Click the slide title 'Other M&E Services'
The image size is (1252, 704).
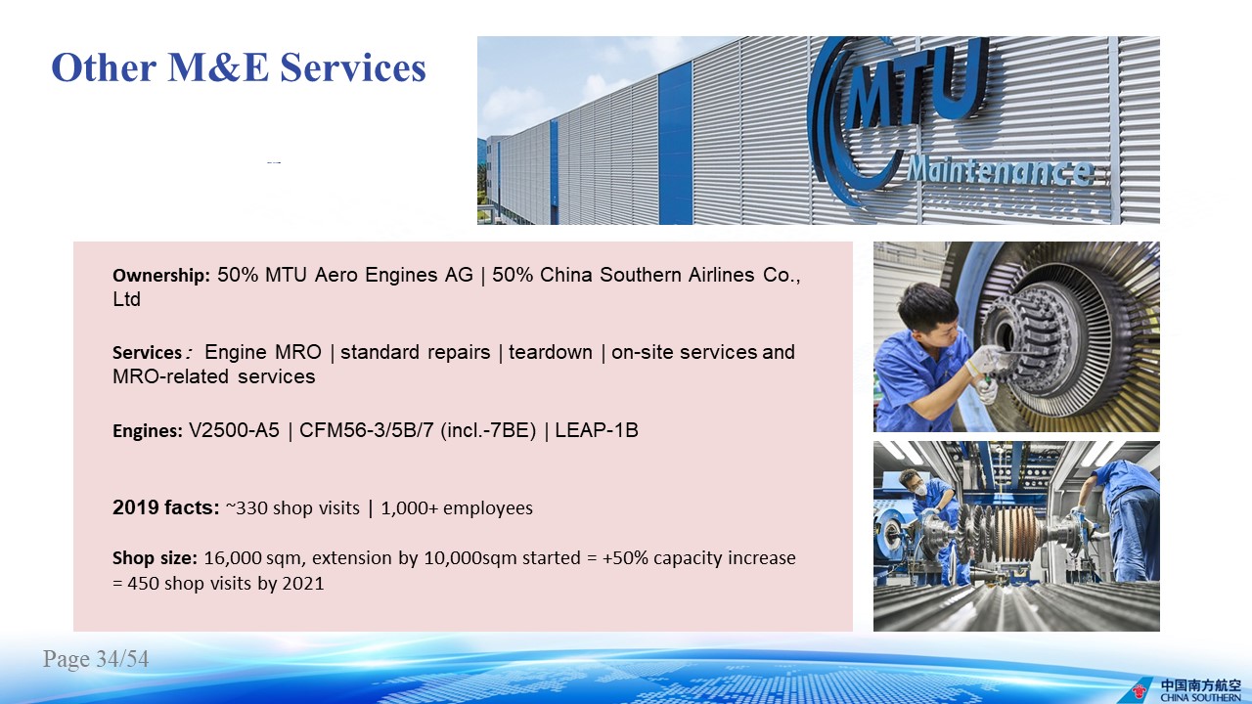(239, 67)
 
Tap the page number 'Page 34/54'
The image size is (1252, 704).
(96, 659)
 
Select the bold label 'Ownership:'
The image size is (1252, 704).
(161, 276)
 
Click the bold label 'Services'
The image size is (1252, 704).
(147, 353)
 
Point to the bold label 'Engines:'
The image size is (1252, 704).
(148, 431)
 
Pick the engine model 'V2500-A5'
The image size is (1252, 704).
(234, 430)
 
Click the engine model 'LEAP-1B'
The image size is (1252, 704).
(597, 430)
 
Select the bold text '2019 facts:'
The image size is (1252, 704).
(166, 507)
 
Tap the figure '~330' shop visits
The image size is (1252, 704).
(246, 508)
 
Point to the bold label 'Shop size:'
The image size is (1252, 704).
(155, 558)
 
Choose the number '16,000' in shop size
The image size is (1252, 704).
(233, 558)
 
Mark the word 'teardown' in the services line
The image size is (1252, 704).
(551, 353)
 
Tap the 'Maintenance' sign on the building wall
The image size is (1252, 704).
(1000, 171)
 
